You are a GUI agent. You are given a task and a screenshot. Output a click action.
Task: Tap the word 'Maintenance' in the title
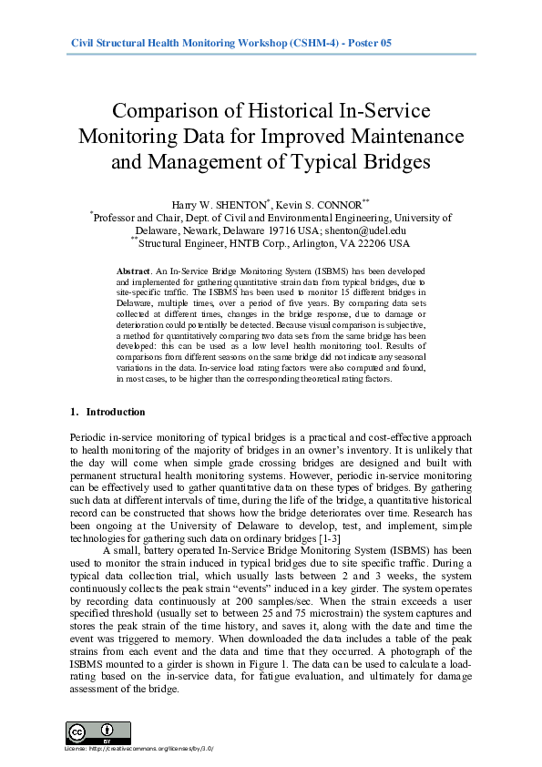pyautogui.click(x=403, y=138)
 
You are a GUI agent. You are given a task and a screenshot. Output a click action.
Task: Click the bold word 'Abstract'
pyautogui.click(x=133, y=271)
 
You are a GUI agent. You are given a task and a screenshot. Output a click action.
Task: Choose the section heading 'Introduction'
pyautogui.click(x=116, y=412)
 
